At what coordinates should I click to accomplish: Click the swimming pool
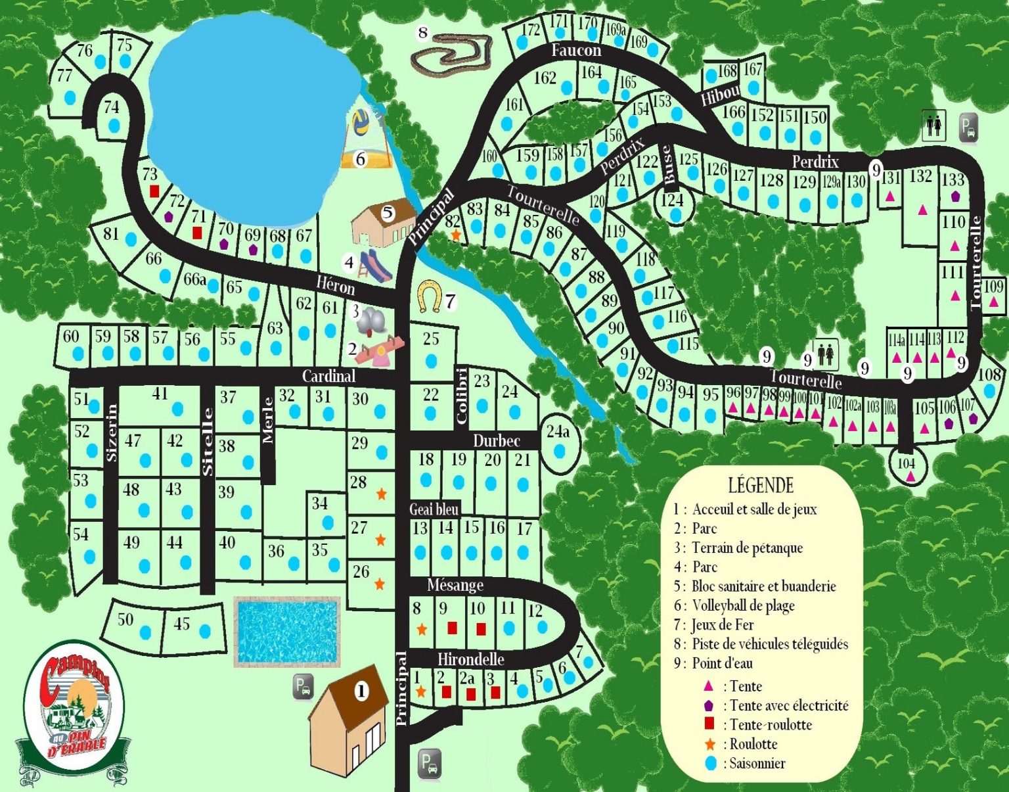tap(287, 632)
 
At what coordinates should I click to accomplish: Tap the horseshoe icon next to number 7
tap(429, 296)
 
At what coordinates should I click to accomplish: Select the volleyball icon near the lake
tap(361, 123)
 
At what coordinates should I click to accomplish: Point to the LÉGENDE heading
tap(761, 486)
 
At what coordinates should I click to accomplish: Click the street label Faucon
tap(575, 50)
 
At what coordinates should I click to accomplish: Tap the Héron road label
tap(335, 285)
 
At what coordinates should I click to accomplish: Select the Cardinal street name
tap(328, 376)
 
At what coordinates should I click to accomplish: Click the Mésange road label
tap(455, 585)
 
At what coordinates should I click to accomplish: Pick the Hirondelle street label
tap(470, 659)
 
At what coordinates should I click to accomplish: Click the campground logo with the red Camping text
tap(72, 710)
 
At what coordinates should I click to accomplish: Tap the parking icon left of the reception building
tap(302, 687)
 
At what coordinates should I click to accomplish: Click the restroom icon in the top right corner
tap(933, 125)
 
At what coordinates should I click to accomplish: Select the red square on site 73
tap(154, 191)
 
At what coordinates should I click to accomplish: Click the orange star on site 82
tap(455, 235)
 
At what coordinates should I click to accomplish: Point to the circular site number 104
tap(907, 464)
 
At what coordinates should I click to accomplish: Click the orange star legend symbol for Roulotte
tap(709, 744)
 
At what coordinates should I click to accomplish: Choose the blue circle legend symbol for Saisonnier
tap(709, 763)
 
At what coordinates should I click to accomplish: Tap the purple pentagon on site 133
tap(955, 196)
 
